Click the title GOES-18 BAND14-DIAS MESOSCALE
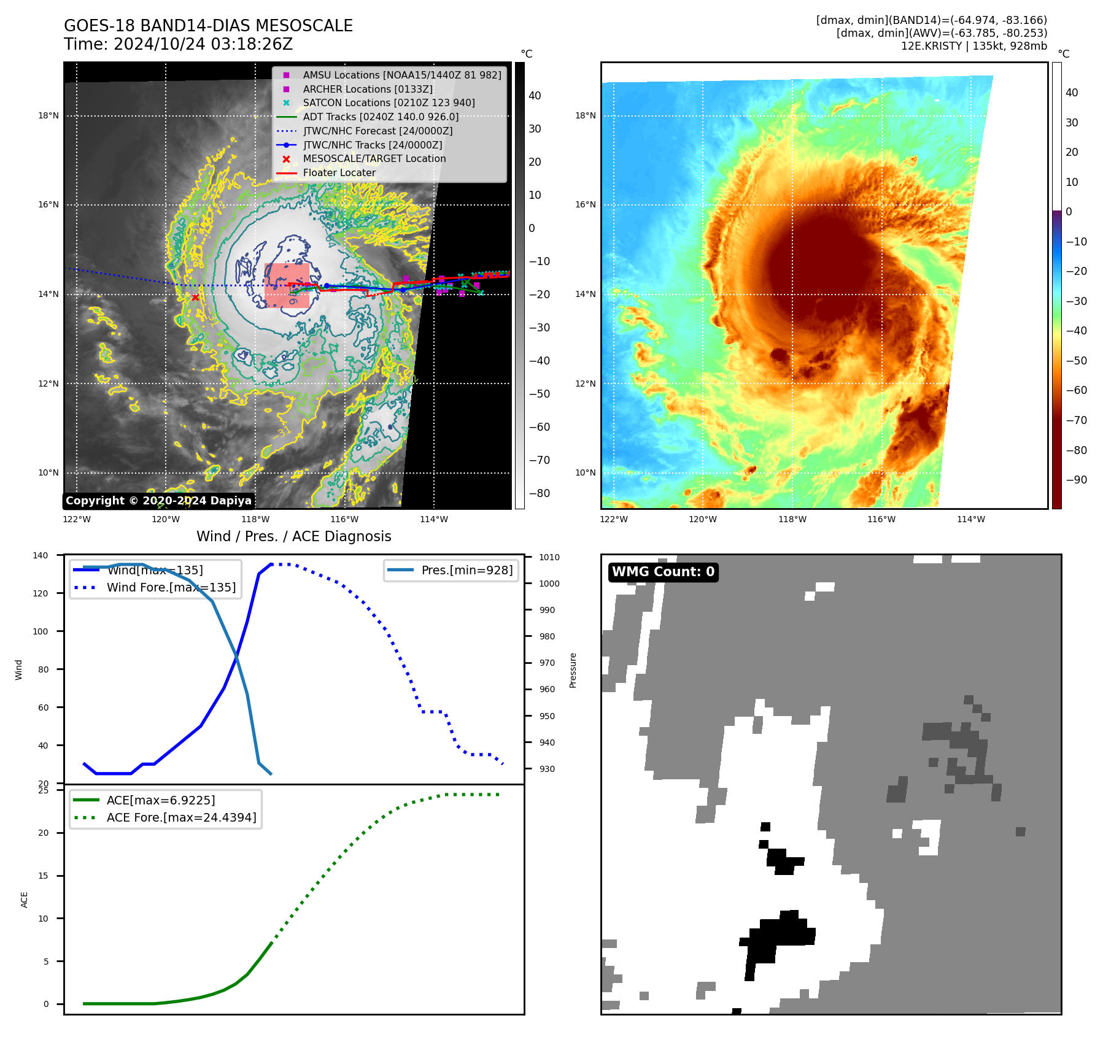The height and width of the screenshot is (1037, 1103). pos(208,26)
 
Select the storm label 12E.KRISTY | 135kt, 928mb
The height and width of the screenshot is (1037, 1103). pos(973,46)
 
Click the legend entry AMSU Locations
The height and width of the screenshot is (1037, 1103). pos(402,75)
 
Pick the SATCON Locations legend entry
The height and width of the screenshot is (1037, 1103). pos(389,102)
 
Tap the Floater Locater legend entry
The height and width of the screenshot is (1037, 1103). pos(339,172)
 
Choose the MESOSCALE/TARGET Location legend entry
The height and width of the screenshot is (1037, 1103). pos(374,158)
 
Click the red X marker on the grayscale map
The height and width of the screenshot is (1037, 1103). pos(195,298)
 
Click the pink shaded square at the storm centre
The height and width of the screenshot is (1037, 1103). pos(287,285)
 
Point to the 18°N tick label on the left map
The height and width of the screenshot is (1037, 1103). pos(48,115)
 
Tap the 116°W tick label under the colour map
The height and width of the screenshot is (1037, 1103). pos(881,519)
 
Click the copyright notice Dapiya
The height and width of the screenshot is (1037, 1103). pos(158,501)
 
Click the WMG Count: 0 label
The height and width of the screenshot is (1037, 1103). pos(663,572)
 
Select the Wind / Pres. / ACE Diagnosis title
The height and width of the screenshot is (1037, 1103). pos(293,536)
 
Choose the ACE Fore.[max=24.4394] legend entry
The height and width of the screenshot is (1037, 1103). pos(181,817)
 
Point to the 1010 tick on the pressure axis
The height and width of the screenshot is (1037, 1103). pos(549,557)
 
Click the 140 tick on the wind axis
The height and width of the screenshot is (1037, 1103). pos(41,555)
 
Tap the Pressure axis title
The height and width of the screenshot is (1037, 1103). pos(573,670)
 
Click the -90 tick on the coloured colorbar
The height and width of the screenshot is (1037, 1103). pos(1076,480)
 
